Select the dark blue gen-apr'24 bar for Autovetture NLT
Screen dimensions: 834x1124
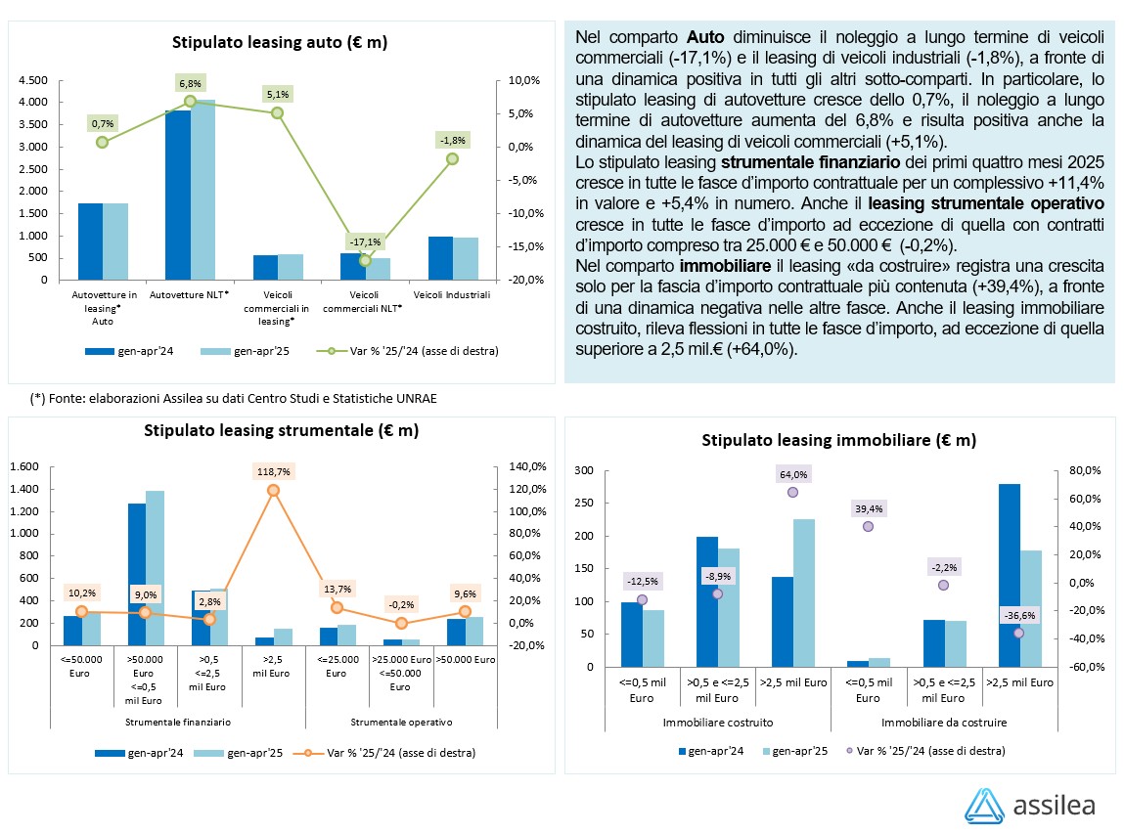tap(177, 195)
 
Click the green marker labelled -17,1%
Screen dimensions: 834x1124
tap(365, 260)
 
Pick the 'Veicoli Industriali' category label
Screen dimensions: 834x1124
tap(451, 294)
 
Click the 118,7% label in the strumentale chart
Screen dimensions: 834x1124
tap(273, 470)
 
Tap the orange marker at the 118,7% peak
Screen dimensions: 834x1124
tap(273, 491)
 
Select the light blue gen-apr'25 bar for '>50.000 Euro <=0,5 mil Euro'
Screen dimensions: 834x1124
tap(154, 567)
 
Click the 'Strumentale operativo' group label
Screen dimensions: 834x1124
tap(400, 723)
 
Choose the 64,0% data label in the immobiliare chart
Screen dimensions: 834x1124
tap(792, 474)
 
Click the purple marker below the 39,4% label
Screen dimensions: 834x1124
tap(868, 526)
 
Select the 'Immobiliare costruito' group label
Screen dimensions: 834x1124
tap(718, 723)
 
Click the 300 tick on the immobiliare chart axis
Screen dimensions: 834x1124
tap(584, 471)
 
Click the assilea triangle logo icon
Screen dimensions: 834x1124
tap(984, 804)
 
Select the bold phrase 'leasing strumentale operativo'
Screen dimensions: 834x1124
tap(986, 203)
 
